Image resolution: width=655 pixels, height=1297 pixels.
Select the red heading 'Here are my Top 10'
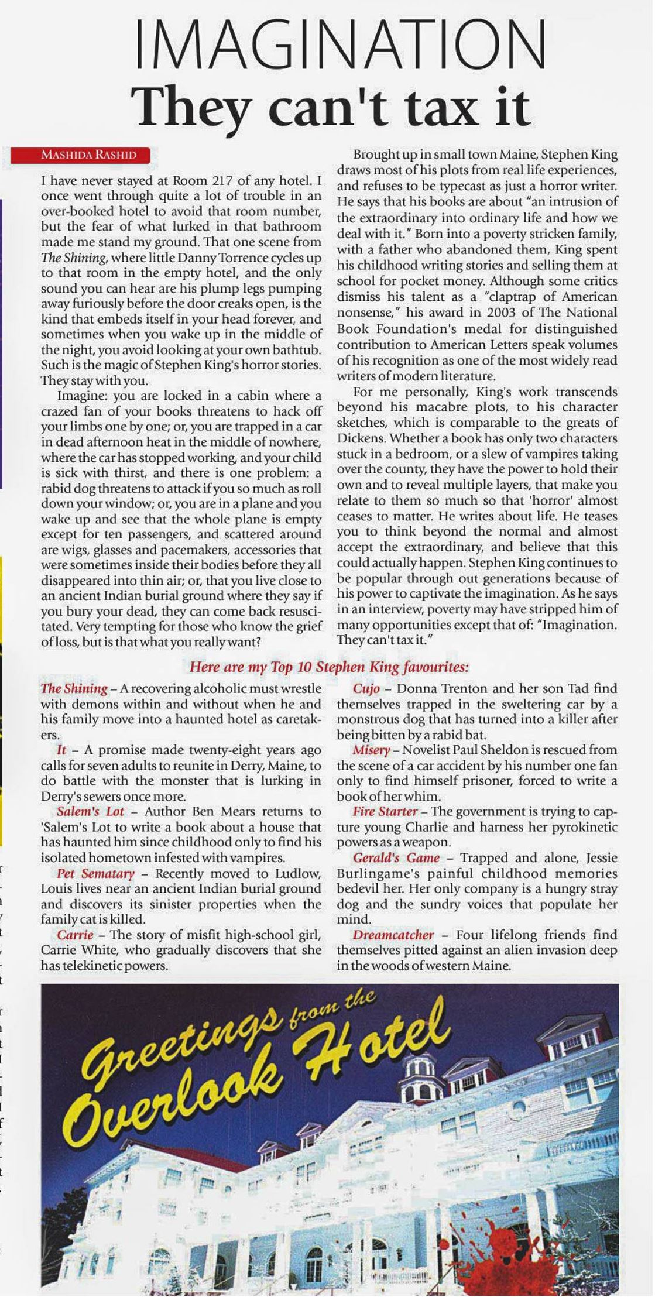pos(328,667)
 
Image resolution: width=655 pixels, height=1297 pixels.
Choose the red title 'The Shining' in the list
pos(74,688)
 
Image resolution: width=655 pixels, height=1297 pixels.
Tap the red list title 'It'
pos(61,750)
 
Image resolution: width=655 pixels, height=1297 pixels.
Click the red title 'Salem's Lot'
pos(90,811)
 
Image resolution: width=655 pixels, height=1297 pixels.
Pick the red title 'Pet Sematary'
pos(96,873)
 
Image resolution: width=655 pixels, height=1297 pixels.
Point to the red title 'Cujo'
pos(366,688)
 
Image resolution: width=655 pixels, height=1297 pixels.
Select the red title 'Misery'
pos(371,750)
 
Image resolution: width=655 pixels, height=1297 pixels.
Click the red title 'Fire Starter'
pos(385,811)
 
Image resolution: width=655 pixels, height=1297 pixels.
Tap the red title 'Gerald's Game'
pos(396,857)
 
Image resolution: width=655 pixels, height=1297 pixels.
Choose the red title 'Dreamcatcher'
pos(393,935)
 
